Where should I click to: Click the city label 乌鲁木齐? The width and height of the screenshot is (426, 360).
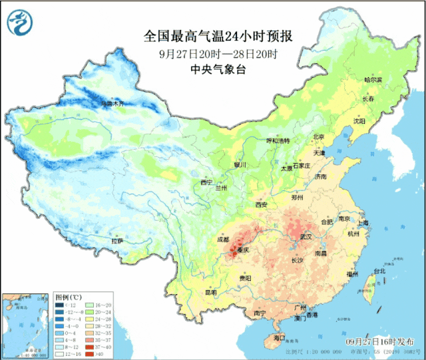point(112,104)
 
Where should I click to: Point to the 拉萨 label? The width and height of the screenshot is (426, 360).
point(117,241)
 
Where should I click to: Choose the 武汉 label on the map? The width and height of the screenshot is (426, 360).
point(306,236)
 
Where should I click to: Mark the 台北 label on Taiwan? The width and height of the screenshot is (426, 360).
point(379,271)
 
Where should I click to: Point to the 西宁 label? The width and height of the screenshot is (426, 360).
point(206,182)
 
